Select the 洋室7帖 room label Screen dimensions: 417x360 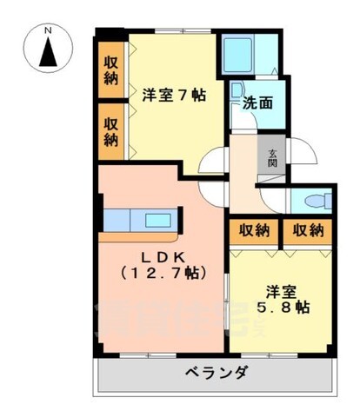tap(173, 95)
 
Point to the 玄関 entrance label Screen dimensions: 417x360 tap(272, 160)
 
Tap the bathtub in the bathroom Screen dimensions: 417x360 tap(237, 56)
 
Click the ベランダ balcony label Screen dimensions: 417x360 tap(217, 374)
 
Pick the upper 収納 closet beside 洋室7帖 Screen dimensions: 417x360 tap(111, 69)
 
